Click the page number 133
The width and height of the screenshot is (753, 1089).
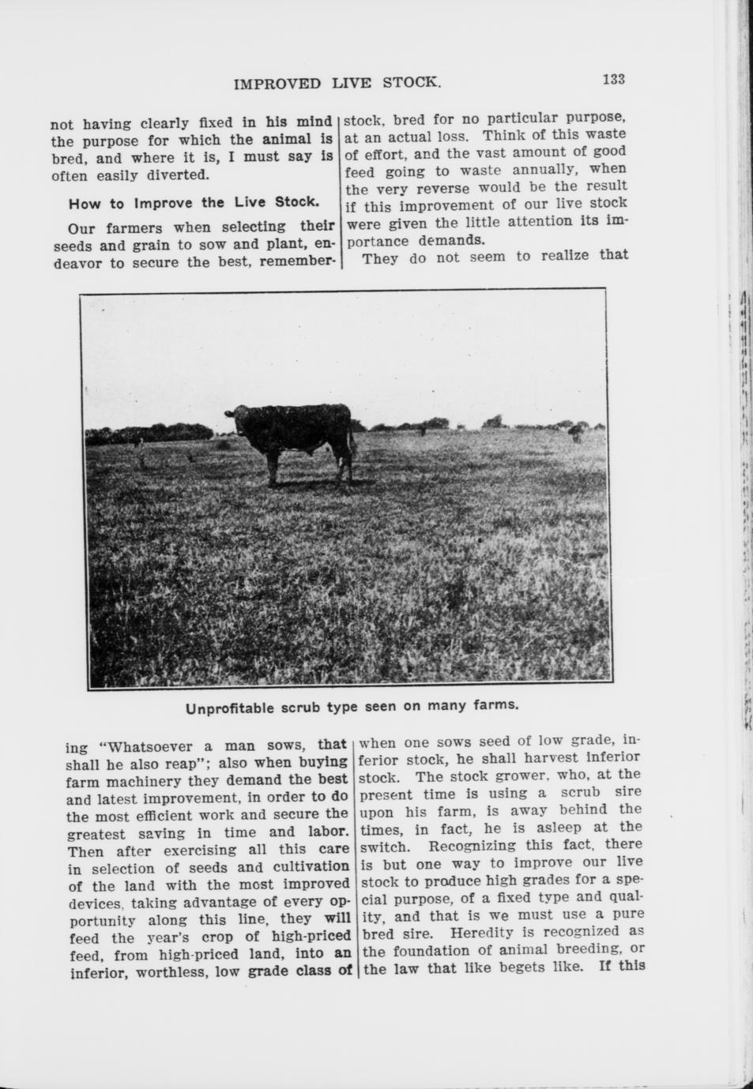click(x=613, y=80)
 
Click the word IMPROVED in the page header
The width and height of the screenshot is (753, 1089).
click(x=277, y=84)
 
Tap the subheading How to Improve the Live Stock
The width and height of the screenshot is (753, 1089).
click(x=194, y=202)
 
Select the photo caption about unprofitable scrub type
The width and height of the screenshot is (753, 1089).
click(x=352, y=705)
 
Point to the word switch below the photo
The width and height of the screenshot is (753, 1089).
click(x=383, y=846)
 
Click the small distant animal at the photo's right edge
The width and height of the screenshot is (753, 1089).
click(x=576, y=433)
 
